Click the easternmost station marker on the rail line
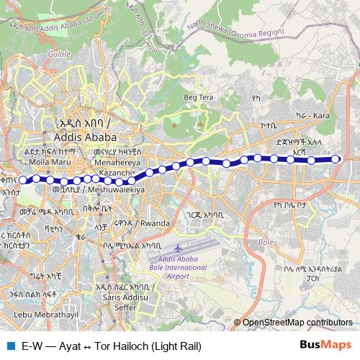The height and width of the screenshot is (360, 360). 335,160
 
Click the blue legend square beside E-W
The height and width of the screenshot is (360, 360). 10,346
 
